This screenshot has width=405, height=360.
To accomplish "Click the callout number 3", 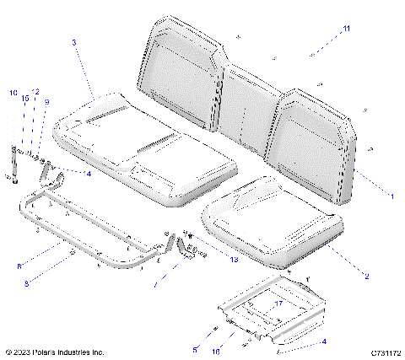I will [x=75, y=42].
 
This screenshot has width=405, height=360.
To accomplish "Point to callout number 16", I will [x=216, y=349].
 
